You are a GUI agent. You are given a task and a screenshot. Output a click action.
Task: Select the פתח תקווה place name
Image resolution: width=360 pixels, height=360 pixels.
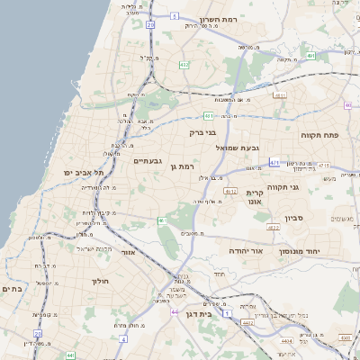(x=319, y=135)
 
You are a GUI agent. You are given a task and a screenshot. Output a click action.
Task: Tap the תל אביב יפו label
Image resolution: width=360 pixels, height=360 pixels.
(x=85, y=171)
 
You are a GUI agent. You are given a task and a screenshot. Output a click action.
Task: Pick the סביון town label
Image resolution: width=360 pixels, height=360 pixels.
(x=294, y=218)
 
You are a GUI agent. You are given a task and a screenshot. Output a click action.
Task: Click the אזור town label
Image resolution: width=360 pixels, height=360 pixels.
(x=127, y=254)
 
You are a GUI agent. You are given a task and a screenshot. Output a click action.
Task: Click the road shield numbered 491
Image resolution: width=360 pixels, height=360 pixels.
(x=310, y=56)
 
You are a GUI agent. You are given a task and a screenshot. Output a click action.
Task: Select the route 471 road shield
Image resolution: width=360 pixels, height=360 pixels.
(x=274, y=163)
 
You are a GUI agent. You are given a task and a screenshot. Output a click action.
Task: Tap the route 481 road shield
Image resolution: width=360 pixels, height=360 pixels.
(x=209, y=115)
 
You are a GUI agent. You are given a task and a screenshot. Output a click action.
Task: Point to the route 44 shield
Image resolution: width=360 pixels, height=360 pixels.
(x=174, y=311)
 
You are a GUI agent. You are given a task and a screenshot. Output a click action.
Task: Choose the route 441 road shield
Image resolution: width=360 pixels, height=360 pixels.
(x=70, y=355)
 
